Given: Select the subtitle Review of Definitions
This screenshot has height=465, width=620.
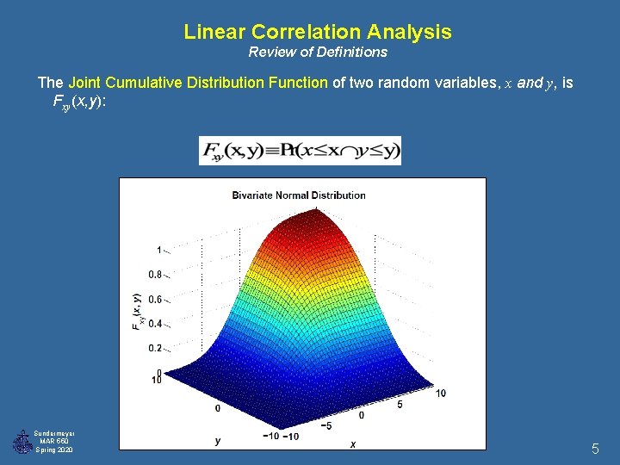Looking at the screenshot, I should tap(318, 53).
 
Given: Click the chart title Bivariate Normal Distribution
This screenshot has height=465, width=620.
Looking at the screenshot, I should tap(299, 195).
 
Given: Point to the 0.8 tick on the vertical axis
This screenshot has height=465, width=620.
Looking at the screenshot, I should tap(155, 275).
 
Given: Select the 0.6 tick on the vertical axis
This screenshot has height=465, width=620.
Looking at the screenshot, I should tap(155, 300).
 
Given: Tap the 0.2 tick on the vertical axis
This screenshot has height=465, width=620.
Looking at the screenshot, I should tap(155, 349).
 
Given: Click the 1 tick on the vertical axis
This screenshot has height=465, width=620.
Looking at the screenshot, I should tap(158, 250).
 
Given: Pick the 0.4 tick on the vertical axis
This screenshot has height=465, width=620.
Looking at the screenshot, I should tap(155, 324).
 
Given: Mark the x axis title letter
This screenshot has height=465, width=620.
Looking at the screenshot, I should tap(353, 444).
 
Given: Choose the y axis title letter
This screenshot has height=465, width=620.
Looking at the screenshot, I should tap(218, 441).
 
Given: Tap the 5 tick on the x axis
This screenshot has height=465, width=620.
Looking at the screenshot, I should tap(400, 405).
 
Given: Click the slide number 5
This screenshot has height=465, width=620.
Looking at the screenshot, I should tap(595, 449).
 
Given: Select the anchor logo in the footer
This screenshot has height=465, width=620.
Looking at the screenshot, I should tap(22, 442).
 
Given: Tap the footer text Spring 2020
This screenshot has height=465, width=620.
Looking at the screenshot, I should tap(53, 450).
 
